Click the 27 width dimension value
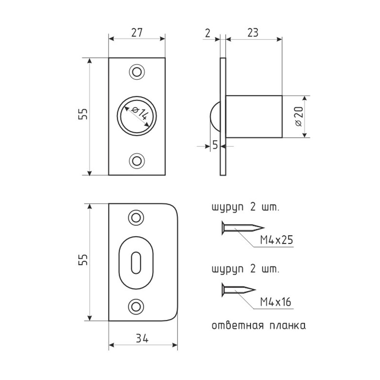coord(137,33)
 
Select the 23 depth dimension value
coord(253,33)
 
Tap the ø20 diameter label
coord(299,116)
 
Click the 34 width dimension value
coord(142,338)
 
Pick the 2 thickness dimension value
coord(208,33)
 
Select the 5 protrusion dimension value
coord(215,145)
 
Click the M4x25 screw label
coord(277,240)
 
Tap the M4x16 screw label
coord(275,302)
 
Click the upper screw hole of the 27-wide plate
coord(137,72)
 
